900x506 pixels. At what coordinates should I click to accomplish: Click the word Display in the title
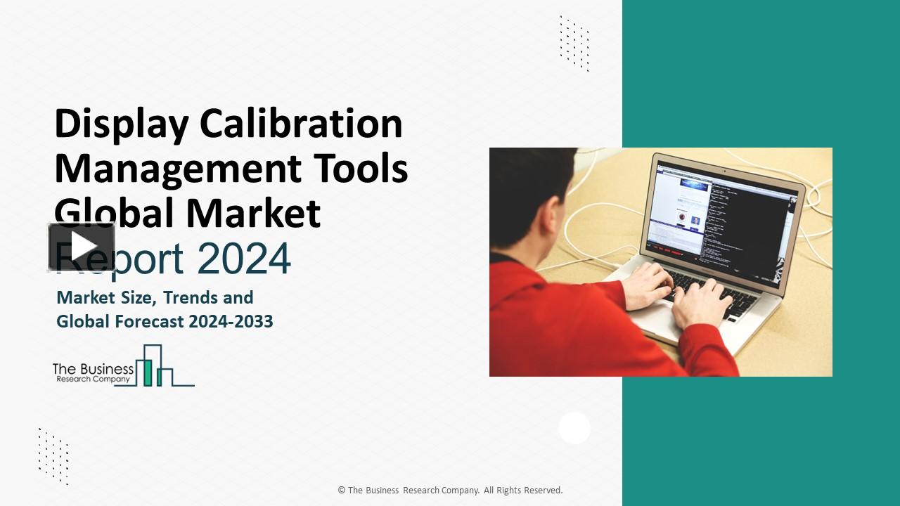[122, 124]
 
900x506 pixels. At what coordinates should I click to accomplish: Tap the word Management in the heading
[178, 169]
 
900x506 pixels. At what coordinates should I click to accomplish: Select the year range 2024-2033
[230, 321]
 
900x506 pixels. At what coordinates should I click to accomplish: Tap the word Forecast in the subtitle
[149, 321]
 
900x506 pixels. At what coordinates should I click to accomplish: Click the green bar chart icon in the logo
[155, 365]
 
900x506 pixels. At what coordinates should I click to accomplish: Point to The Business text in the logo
[93, 369]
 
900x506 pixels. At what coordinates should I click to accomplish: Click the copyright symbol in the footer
[342, 490]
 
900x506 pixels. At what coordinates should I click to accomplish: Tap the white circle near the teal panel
[574, 428]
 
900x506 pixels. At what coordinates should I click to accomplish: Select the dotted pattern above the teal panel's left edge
[574, 44]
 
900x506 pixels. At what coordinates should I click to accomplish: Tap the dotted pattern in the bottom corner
[54, 456]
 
